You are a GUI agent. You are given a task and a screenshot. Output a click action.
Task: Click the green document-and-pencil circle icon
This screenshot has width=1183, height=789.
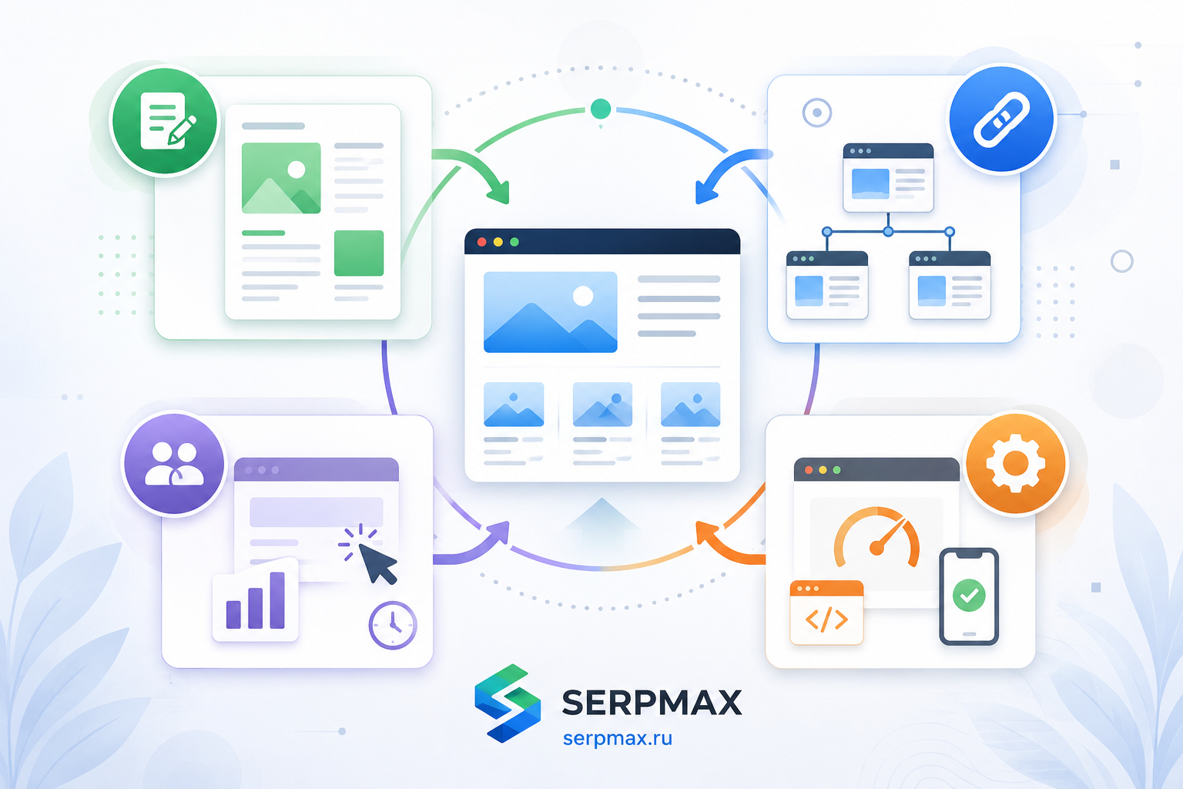pos(165,120)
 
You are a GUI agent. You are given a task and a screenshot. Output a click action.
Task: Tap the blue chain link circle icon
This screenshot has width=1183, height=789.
pos(1001,119)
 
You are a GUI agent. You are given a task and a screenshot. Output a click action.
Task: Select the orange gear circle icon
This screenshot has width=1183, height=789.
pos(1016,464)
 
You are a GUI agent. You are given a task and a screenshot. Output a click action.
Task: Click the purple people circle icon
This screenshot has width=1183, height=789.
pos(174,464)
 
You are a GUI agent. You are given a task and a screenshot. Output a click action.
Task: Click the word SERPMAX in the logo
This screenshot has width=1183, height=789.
pos(652,703)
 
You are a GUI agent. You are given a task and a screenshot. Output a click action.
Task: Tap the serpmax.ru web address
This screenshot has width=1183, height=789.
pos(618,738)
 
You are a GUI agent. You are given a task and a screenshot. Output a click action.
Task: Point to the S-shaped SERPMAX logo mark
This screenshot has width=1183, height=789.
pos(508,703)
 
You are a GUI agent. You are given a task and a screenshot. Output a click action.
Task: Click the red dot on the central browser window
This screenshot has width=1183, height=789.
pos(481,242)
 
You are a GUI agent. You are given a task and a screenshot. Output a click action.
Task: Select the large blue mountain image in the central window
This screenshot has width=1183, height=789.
pos(551,312)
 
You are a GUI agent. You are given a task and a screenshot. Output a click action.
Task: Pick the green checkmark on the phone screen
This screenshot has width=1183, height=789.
pos(969,595)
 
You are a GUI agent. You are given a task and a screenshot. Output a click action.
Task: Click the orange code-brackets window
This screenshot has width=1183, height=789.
pos(826,613)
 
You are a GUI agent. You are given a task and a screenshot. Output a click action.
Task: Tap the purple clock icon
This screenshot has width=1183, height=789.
pos(392,625)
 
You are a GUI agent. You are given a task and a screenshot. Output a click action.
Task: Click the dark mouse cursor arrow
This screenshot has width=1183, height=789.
pos(377,563)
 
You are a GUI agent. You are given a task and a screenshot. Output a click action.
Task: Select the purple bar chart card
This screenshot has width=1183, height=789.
pos(256,600)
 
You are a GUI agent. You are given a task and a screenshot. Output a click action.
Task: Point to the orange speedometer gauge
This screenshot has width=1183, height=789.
pos(876,538)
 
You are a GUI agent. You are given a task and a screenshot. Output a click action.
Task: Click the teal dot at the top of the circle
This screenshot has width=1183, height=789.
pos(601,109)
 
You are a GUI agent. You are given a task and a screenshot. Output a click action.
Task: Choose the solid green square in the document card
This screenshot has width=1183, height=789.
pos(359,253)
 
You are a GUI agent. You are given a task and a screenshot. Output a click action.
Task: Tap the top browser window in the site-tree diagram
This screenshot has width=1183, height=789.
pos(888,177)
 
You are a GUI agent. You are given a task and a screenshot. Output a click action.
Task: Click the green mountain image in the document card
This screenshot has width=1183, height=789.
pos(281,178)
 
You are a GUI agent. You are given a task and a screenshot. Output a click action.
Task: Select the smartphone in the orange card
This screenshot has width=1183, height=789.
pos(969,596)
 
